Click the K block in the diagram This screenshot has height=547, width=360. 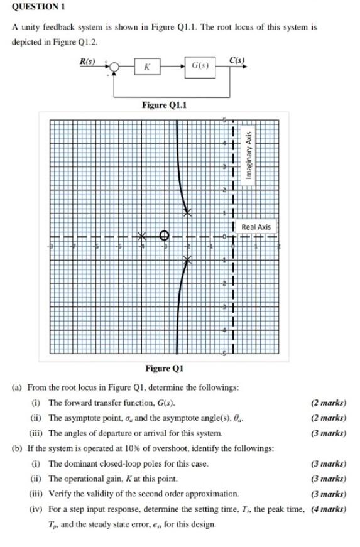click(146, 66)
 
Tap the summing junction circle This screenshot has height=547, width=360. click(115, 66)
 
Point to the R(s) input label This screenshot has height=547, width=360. click(87, 60)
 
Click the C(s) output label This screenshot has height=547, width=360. click(237, 60)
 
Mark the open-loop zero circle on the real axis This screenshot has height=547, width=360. click(165, 236)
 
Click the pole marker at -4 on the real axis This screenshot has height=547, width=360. click(142, 236)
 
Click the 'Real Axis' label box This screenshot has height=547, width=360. click(256, 227)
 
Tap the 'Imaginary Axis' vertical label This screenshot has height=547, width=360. click(249, 156)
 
